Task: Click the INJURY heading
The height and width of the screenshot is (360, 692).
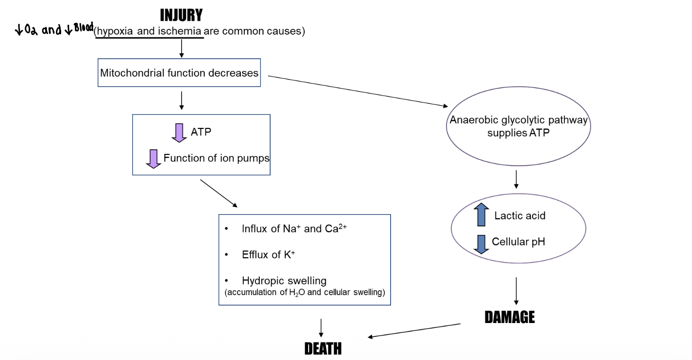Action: (181, 16)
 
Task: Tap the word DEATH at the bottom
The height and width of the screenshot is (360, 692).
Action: (323, 349)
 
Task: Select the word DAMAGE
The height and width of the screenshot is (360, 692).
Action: (510, 317)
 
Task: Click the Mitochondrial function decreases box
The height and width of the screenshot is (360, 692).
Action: (179, 73)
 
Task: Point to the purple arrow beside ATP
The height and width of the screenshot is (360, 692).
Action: (179, 132)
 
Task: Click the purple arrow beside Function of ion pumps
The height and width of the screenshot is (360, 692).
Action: (154, 159)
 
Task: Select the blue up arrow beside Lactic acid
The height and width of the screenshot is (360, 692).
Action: (482, 215)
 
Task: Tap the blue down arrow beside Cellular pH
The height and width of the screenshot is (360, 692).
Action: (482, 243)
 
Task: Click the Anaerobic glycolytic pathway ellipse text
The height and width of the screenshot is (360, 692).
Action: (519, 126)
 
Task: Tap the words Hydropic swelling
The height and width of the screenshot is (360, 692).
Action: (284, 281)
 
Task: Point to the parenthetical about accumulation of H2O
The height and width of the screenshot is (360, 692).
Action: (304, 292)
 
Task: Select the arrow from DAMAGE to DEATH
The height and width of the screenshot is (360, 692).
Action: (414, 331)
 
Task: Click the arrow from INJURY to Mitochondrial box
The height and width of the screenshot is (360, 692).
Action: (182, 48)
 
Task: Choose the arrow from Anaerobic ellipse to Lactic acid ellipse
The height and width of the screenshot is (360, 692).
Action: (516, 179)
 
